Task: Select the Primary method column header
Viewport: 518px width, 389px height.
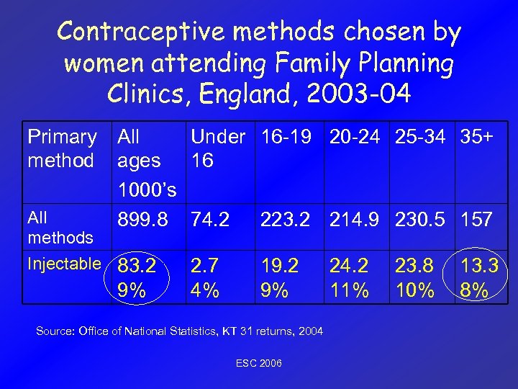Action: click(x=62, y=148)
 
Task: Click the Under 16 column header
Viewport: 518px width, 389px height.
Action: click(x=219, y=148)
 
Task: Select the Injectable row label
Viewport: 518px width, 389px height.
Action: click(x=63, y=264)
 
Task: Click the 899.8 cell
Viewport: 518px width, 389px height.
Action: click(x=143, y=219)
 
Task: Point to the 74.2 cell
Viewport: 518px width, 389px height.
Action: click(x=211, y=219)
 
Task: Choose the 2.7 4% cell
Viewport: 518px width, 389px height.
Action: click(x=205, y=278)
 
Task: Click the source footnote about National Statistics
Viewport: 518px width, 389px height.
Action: click(x=180, y=331)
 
